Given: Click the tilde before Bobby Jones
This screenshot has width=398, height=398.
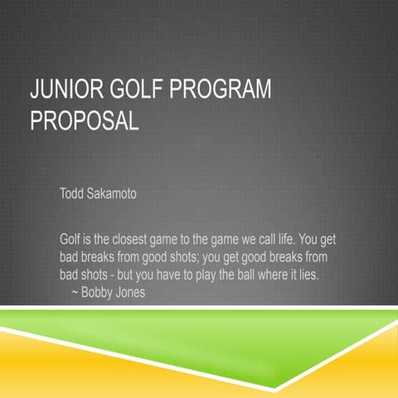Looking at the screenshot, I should click(x=76, y=291).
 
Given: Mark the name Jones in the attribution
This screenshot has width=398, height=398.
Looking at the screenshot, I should click(x=132, y=291).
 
